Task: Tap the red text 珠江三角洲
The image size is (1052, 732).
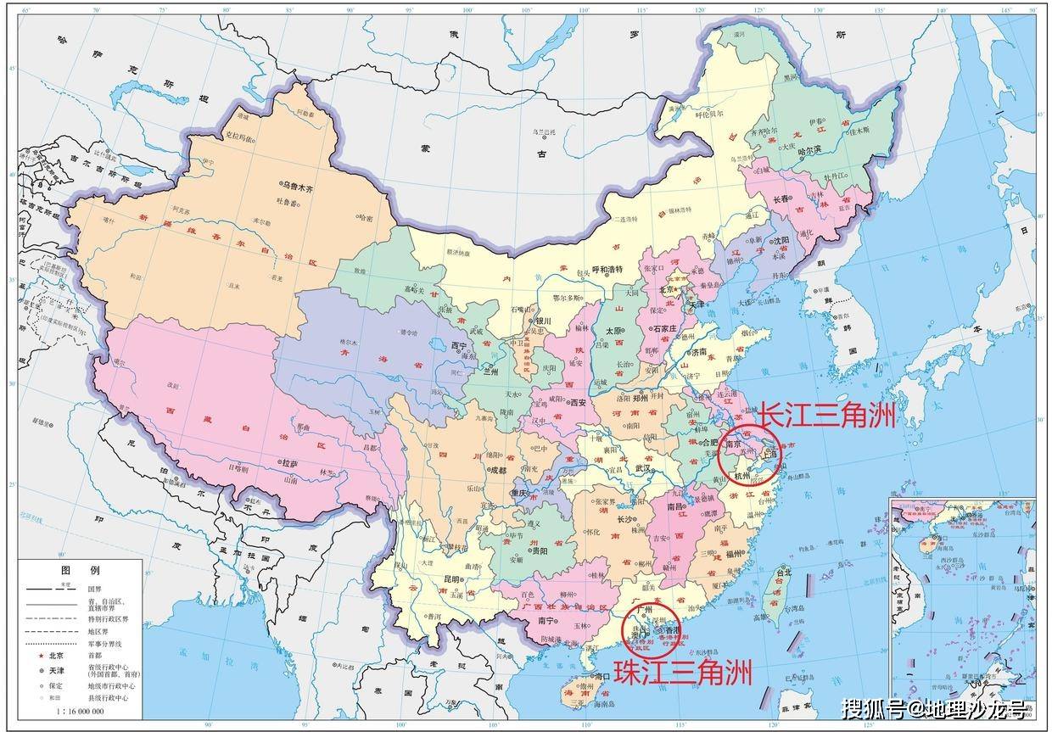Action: (683, 673)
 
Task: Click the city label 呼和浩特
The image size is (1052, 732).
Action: (607, 270)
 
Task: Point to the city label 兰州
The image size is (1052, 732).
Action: (490, 371)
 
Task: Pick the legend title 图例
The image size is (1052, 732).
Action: (79, 569)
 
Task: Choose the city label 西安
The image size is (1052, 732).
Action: (578, 403)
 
